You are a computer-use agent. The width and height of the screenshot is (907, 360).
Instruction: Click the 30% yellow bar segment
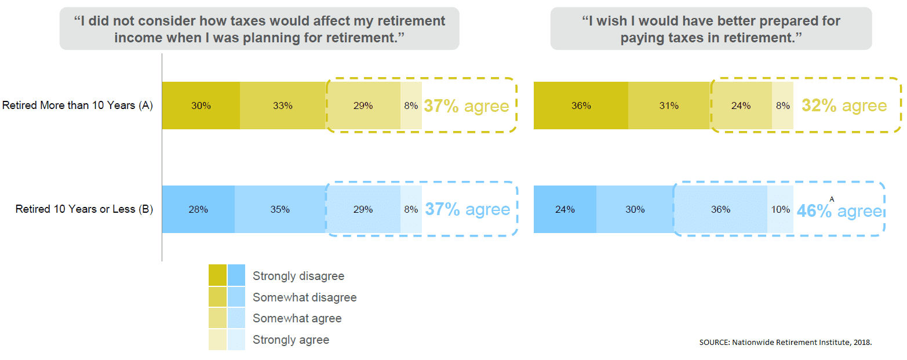201,106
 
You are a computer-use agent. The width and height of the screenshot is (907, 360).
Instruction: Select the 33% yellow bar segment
283,106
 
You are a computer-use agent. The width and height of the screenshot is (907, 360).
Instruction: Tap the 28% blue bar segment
198,209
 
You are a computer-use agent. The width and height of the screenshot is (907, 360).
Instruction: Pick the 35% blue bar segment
280,209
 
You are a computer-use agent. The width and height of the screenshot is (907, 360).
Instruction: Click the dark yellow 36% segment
581,106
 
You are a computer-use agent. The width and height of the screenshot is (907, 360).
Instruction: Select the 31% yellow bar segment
669,106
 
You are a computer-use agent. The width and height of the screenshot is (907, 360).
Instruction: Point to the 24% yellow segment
741,106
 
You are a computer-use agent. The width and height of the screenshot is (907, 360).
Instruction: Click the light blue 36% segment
721,209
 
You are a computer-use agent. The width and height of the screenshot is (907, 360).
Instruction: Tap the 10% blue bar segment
780,209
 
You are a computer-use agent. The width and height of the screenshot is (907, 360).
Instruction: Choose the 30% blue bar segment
635,209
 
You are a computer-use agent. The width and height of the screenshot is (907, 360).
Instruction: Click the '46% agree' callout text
839,211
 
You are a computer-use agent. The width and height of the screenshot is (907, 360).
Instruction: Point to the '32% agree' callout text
844,106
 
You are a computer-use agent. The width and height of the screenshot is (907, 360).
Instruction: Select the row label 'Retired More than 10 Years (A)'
78,106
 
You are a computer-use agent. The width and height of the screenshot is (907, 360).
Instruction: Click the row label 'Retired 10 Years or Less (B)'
84,209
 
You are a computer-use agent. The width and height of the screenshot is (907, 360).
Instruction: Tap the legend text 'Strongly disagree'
298,276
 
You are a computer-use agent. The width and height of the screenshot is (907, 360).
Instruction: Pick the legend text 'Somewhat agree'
297,318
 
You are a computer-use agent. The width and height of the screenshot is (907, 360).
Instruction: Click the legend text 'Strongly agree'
291,340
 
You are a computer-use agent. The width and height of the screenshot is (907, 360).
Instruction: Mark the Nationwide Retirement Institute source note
785,343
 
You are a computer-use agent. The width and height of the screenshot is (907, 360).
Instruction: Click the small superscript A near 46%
832,199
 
